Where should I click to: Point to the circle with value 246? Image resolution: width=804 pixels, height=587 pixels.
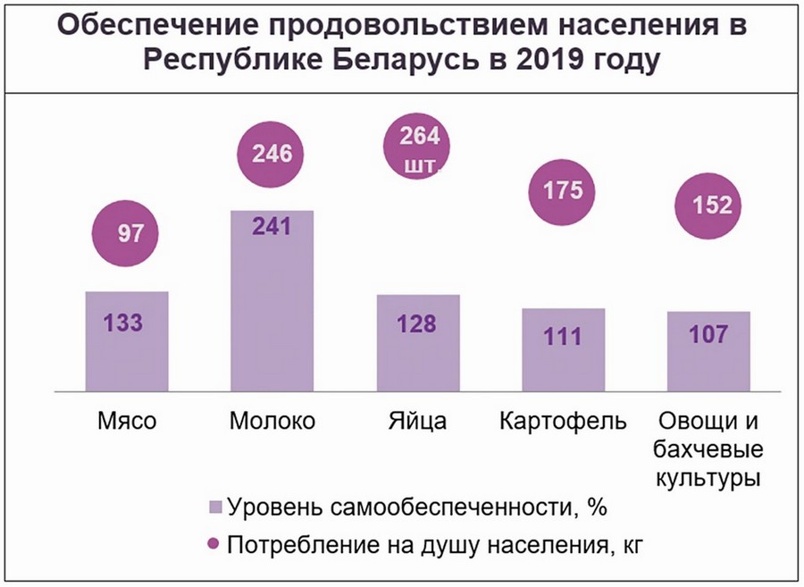[x=272, y=154]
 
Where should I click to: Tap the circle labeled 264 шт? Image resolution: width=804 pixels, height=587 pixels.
[x=418, y=149]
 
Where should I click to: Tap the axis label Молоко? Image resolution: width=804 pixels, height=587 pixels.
[x=272, y=421]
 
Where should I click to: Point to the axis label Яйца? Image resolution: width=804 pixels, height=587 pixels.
[x=418, y=421]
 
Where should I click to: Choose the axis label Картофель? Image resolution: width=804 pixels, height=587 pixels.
[x=564, y=421]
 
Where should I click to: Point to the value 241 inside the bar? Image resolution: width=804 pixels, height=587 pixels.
[x=272, y=228]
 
